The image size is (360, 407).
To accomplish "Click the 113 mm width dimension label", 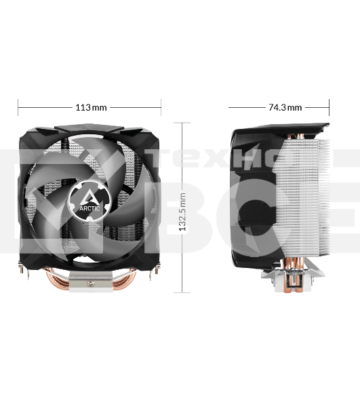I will (90, 107).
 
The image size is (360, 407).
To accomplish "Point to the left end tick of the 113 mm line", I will (18, 107).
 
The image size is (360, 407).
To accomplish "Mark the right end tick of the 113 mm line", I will (161, 107).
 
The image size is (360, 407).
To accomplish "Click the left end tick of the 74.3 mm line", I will (229, 107).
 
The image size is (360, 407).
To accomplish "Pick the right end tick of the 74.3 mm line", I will (329, 107).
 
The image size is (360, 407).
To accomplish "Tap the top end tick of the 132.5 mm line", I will (182, 123).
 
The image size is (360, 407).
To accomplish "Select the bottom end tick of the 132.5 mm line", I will (182, 293).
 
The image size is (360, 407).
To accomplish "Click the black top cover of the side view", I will (285, 128).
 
